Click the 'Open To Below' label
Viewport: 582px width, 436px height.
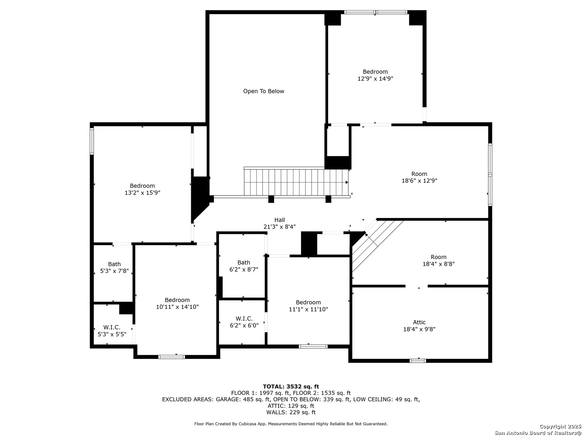[x=264, y=91]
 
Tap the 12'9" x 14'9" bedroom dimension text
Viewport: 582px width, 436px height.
[x=375, y=79]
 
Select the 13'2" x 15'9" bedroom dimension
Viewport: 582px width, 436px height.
[x=142, y=193]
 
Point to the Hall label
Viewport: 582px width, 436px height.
[x=279, y=220]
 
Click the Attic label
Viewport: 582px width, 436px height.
[x=419, y=322]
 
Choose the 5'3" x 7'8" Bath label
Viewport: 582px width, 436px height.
[x=114, y=264]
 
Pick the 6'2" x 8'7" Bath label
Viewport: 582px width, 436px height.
[x=244, y=262]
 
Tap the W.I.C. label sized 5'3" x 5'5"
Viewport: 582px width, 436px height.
[x=112, y=327]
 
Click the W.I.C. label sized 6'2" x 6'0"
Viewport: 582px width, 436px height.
[x=244, y=319]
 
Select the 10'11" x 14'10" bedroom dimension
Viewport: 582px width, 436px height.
[x=177, y=307]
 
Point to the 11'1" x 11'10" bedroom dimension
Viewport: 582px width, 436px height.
[x=308, y=309]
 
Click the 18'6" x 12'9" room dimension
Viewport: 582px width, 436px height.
[x=419, y=181]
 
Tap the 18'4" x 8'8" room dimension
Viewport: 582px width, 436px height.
[x=439, y=264]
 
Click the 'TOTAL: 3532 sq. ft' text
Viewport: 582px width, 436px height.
[x=291, y=386]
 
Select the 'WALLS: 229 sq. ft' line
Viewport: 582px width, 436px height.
[x=291, y=412]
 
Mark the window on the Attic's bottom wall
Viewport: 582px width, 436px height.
[x=418, y=361]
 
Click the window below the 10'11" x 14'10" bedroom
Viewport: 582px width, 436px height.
[x=171, y=357]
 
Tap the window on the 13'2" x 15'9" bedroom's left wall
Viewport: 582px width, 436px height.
[x=92, y=141]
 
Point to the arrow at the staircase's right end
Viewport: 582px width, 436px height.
[x=346, y=182]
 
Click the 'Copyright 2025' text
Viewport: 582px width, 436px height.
[x=560, y=426]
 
